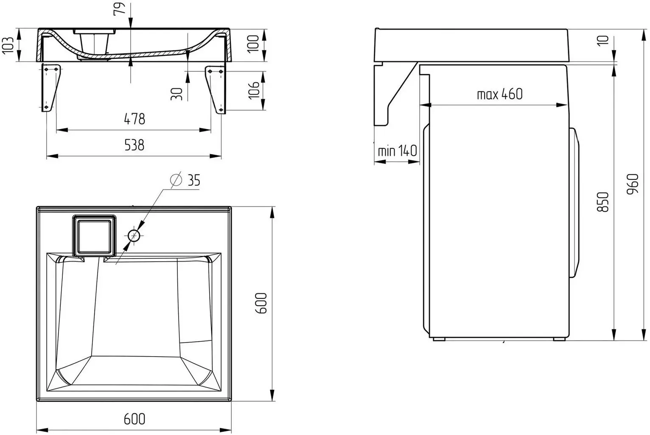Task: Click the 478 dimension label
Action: [x=134, y=119]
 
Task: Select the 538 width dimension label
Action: [x=134, y=145]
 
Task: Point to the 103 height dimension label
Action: [x=8, y=45]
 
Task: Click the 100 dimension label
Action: [x=253, y=44]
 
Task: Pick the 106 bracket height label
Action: [x=253, y=90]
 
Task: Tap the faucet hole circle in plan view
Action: [x=134, y=236]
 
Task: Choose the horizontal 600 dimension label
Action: [x=134, y=419]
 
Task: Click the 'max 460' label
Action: [x=499, y=94]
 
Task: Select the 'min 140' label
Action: [x=397, y=151]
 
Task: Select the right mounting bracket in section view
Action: [x=216, y=88]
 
